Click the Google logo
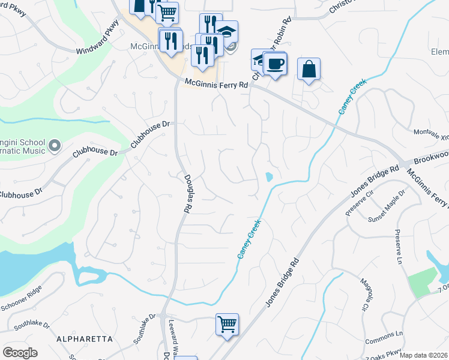tap(20, 353)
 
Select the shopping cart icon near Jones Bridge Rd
tap(227, 324)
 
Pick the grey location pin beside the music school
tap(55, 145)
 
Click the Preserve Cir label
tap(359, 204)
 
